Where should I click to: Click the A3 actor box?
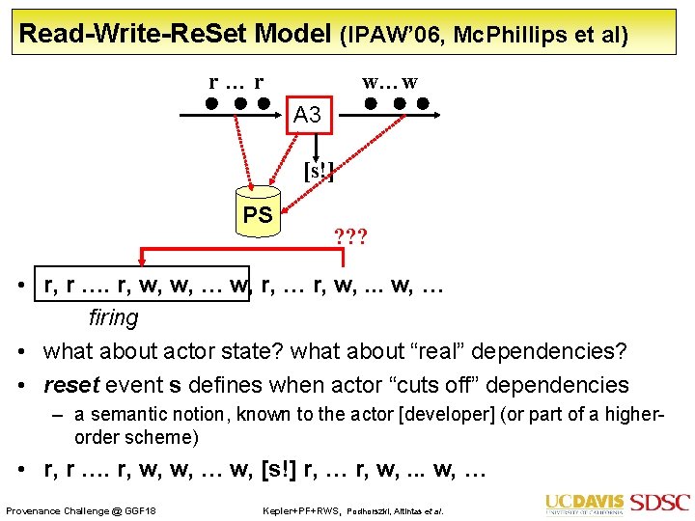point(308,115)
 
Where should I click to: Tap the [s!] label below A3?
point(319,173)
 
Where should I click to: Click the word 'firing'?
point(113,316)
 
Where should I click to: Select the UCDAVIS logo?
point(585,504)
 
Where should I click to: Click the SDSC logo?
point(660,503)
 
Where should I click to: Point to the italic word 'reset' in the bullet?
point(71,385)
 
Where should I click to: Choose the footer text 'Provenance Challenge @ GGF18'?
point(81,509)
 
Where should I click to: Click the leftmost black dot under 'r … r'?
point(210,102)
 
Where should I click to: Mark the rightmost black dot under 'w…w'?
point(423,102)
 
